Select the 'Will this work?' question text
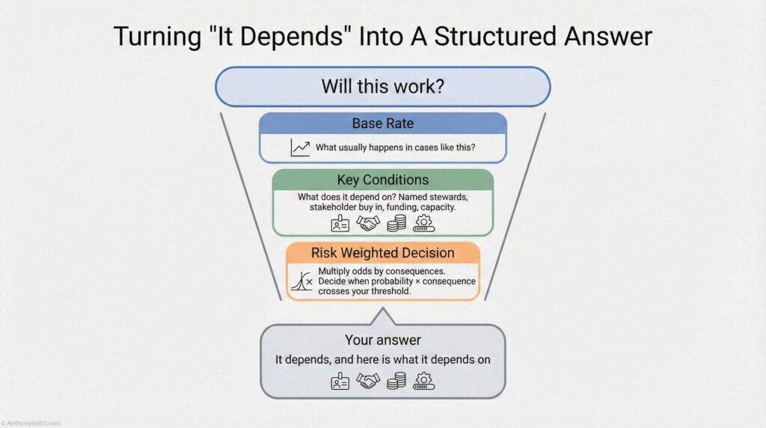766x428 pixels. point(383,86)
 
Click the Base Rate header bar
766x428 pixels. point(383,123)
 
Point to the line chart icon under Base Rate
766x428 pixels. point(300,148)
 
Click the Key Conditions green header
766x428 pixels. point(383,180)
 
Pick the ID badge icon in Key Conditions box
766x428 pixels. point(340,223)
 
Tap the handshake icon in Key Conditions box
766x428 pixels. point(368,223)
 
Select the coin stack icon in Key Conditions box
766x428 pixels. point(396,223)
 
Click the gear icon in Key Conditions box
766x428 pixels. point(424,223)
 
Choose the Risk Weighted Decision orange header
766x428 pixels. point(383,253)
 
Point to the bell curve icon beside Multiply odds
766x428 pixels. point(301,281)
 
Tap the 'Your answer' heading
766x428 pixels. point(383,340)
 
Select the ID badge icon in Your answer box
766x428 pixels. point(340,382)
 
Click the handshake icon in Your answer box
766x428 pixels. point(368,382)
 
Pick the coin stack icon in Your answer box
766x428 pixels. point(396,382)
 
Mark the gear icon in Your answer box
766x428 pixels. point(424,382)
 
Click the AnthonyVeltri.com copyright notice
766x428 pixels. point(31,424)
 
